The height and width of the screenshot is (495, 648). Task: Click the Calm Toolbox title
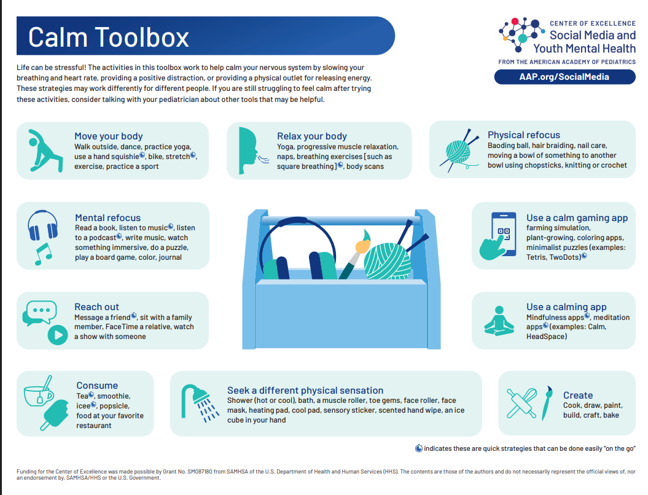click(109, 37)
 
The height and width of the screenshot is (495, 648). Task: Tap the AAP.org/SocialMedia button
click(564, 77)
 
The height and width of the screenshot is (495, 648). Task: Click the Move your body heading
click(108, 136)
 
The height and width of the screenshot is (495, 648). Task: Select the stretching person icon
click(44, 150)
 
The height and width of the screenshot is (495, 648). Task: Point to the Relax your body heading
click(311, 136)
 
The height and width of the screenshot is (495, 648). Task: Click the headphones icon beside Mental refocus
click(42, 226)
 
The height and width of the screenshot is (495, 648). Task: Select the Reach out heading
click(96, 307)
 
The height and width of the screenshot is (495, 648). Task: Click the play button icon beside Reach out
click(57, 335)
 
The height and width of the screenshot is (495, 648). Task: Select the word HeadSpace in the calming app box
click(545, 337)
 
